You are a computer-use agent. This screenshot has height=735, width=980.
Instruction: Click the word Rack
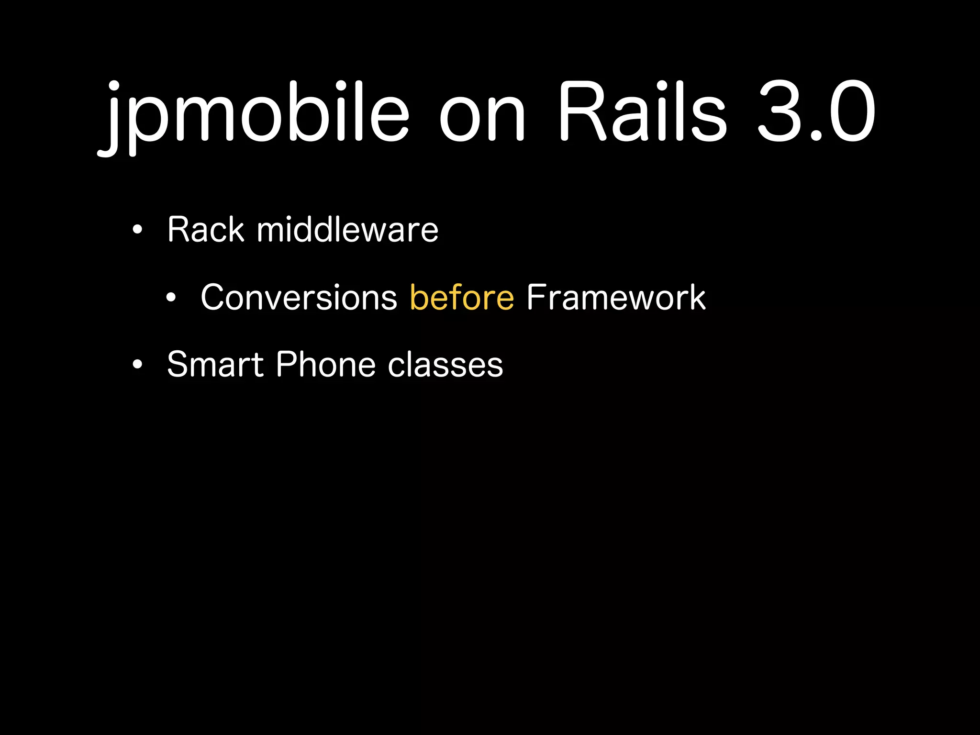tap(206, 230)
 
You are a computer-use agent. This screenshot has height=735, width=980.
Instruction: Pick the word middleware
tap(347, 230)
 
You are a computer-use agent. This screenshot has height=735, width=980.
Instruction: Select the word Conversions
tap(299, 297)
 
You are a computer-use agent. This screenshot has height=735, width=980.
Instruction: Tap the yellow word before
tap(462, 297)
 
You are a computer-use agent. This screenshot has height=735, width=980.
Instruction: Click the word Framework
tap(616, 297)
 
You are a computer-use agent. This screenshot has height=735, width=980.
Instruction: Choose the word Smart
tap(215, 365)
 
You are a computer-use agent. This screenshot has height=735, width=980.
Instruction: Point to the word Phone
tap(326, 365)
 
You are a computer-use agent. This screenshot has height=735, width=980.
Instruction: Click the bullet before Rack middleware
tap(138, 230)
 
